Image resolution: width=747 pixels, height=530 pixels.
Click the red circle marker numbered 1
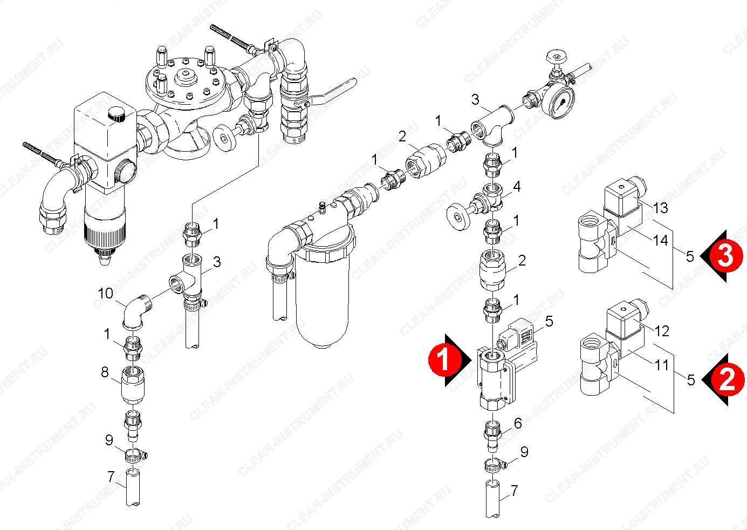pos(445,360)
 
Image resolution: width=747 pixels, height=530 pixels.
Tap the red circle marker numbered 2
pos(728,380)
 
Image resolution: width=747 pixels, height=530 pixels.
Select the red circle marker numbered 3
pos(727,256)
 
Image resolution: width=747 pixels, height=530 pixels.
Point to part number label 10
pos(105,294)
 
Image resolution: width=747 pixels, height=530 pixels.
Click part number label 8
pos(105,372)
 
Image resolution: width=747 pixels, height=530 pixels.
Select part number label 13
pos(660,208)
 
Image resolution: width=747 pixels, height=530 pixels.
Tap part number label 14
pos(660,240)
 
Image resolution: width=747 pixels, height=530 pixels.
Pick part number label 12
pos(662,331)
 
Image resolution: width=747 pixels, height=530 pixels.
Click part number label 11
pos(662,365)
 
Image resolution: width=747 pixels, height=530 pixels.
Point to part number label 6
pos(518,423)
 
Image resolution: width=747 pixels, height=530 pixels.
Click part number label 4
pos(516,187)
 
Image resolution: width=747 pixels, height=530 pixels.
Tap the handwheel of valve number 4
pos(458,217)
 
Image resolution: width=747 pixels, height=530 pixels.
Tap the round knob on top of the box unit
pos(116,114)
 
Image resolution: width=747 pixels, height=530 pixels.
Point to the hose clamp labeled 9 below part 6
pos(494,465)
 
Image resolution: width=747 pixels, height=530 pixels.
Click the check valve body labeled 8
pos(132,385)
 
